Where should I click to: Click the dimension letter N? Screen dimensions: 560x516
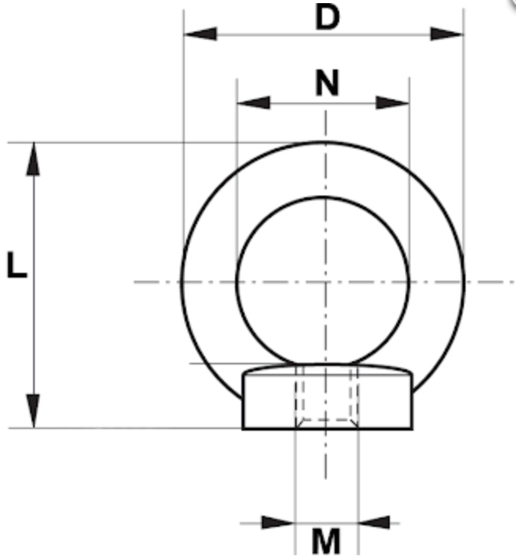(326, 82)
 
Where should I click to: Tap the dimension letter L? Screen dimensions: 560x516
(16, 266)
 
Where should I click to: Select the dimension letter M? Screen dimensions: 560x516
(325, 542)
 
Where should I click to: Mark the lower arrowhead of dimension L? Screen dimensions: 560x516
(33, 411)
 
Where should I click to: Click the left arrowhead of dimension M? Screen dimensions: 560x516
(278, 522)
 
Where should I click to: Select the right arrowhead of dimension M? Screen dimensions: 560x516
(374, 522)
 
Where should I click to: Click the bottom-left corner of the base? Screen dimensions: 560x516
(243, 428)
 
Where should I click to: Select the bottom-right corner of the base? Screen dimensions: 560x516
(413, 428)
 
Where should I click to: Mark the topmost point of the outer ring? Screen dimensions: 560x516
(323, 142)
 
